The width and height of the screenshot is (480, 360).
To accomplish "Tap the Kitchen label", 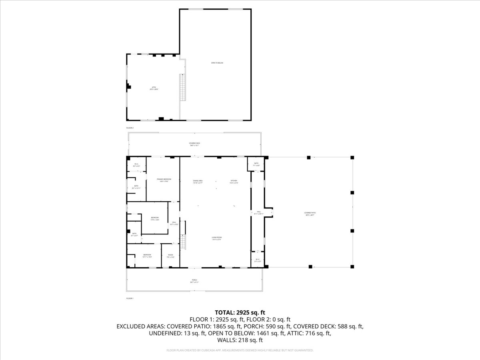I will pos(234,182).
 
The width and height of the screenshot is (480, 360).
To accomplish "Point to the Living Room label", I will pos(217,238).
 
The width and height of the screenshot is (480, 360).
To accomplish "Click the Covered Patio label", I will pos(309,214).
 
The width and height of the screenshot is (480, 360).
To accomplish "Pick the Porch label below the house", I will pos(194,281).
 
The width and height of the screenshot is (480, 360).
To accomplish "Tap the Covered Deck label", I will pos(194,144).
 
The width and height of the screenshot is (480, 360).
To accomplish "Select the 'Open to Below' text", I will pos(217,63).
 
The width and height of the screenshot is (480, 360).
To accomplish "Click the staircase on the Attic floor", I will pos(183,88).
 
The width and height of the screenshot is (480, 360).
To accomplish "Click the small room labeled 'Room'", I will pos(170,256).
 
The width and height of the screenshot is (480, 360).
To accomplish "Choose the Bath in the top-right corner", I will pos(256,164).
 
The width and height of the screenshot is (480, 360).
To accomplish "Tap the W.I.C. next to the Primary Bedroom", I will pos(136,164).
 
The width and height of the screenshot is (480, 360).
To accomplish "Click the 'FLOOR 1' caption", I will pos(130,298).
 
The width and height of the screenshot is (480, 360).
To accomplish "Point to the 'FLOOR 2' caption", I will pos(130,128).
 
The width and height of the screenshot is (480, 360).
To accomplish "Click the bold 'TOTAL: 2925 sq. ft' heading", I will pos(240,312).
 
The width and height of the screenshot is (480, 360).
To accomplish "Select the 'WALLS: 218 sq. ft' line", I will pos(240,340).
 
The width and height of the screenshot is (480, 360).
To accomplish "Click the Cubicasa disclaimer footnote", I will pos(240,350).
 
